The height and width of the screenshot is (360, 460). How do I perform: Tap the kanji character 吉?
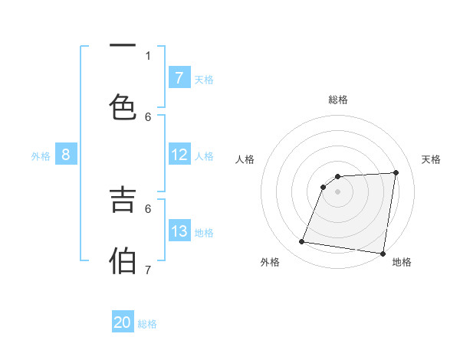click(x=123, y=199)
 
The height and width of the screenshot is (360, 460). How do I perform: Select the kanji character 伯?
click(x=123, y=260)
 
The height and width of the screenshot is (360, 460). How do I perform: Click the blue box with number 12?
click(x=179, y=155)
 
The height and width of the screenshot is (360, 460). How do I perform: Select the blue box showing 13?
click(x=179, y=231)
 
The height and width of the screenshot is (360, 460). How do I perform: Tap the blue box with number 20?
click(x=123, y=322)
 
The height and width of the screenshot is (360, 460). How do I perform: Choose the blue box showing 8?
click(x=66, y=155)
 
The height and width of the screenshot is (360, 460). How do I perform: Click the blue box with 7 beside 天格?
click(x=179, y=77)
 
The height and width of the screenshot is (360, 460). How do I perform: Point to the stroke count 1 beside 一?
click(x=148, y=55)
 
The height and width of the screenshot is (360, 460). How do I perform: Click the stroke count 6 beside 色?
click(x=148, y=116)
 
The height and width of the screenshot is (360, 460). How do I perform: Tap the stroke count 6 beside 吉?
click(x=148, y=208)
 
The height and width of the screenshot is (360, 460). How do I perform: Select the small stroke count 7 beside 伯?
click(x=148, y=270)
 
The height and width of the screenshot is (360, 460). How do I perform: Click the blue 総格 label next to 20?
click(x=147, y=324)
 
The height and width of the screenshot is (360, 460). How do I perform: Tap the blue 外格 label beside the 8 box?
click(x=41, y=155)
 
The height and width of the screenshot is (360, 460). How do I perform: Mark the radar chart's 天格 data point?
click(x=396, y=172)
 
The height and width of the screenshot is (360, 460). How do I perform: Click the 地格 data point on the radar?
click(x=383, y=254)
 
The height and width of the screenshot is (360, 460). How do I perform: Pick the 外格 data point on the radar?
click(x=302, y=242)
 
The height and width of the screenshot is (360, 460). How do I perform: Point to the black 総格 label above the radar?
click(x=338, y=100)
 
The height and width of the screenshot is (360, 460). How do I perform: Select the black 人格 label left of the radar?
click(x=245, y=159)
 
